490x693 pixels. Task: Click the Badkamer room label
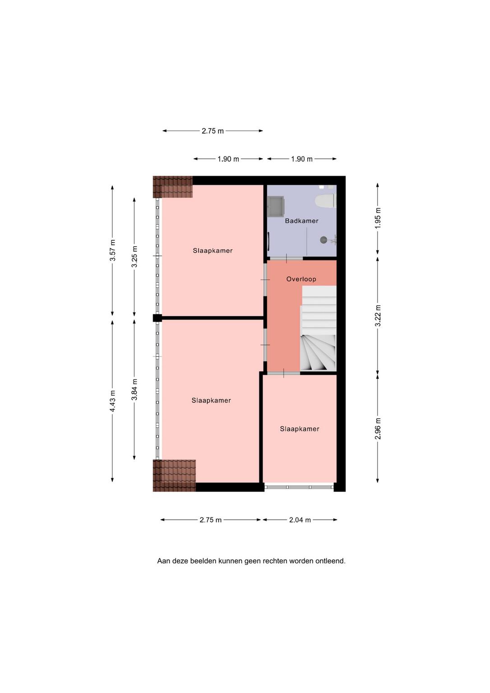click(301, 221)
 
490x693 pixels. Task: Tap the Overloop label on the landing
click(301, 279)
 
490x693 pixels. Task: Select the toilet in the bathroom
click(325, 200)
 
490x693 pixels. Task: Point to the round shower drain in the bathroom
click(323, 240)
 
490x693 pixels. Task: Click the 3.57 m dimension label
click(113, 250)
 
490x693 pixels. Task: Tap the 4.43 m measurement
click(113, 401)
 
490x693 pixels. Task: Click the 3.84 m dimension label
click(134, 389)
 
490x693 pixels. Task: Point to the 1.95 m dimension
click(378, 218)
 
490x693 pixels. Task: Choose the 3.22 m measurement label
click(378, 315)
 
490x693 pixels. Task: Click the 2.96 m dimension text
click(378, 429)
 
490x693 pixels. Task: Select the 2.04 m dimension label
click(300, 520)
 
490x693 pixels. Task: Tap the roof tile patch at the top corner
click(173, 187)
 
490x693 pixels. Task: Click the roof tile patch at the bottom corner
click(175, 476)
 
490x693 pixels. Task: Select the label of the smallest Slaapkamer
click(300, 429)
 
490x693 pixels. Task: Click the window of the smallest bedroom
click(299, 487)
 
